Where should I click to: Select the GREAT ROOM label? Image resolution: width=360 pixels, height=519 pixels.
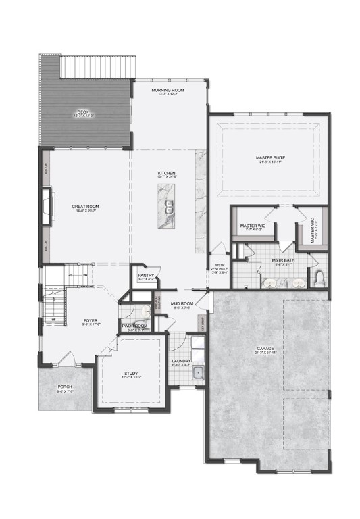click(86, 206)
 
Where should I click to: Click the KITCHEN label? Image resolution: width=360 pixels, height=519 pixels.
click(167, 174)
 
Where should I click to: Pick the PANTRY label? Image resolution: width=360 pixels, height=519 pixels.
click(146, 275)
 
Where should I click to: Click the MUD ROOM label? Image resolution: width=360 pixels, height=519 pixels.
click(182, 304)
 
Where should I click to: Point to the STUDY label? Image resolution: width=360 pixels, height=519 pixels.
click(130, 373)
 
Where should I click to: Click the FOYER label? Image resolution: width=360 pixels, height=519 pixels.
click(91, 320)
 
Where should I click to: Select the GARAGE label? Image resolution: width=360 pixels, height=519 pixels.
click(264, 349)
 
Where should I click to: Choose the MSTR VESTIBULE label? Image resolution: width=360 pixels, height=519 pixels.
click(220, 266)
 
